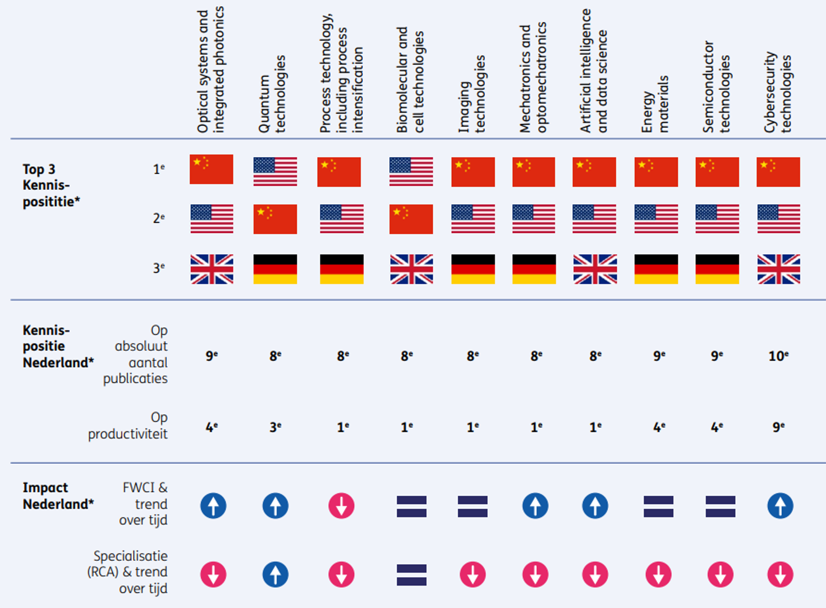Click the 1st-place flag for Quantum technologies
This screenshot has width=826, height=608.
(x=275, y=171)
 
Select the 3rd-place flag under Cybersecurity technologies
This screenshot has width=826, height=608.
(x=778, y=269)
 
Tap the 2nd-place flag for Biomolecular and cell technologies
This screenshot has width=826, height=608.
(x=411, y=219)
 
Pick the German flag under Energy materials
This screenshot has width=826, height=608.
(x=656, y=269)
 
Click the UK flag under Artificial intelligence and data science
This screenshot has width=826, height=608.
(x=595, y=269)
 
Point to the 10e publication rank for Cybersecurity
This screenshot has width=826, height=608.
(x=778, y=356)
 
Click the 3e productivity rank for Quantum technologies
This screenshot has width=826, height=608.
(x=275, y=427)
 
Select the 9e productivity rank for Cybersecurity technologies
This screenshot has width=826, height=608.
(x=778, y=427)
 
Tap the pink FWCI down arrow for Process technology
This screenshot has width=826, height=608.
(x=341, y=506)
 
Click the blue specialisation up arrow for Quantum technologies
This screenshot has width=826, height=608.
(x=275, y=575)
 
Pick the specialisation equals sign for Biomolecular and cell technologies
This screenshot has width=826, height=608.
(x=411, y=575)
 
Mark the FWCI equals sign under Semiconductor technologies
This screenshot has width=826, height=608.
(x=720, y=506)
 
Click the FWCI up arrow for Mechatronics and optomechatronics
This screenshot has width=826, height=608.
(x=535, y=506)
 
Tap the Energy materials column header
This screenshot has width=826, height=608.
(x=655, y=104)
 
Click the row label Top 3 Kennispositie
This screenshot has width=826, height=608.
(x=51, y=185)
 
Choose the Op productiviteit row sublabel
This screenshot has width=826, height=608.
(x=128, y=426)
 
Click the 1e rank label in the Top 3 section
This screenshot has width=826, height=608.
(x=159, y=169)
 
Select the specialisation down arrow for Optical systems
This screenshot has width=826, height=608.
(x=213, y=575)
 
